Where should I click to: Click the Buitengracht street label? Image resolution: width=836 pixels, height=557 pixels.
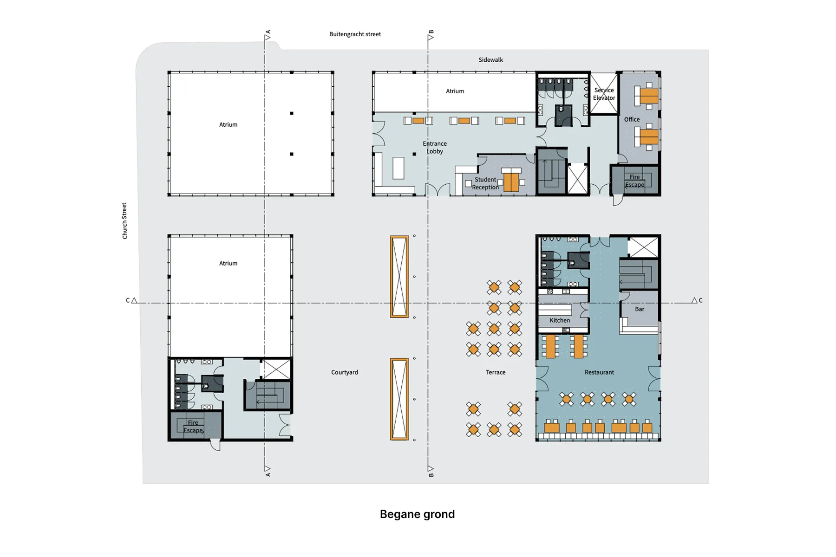click(x=355, y=34)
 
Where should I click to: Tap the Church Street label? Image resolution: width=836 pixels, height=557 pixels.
click(x=124, y=221)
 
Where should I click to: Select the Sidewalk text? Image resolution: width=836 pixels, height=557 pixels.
click(x=490, y=60)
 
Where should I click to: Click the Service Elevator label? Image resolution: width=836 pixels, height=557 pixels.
click(x=604, y=94)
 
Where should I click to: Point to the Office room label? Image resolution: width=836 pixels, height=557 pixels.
click(x=632, y=119)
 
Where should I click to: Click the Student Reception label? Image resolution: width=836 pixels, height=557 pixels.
click(x=485, y=183)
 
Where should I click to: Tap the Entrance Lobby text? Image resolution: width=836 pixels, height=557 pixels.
click(x=435, y=147)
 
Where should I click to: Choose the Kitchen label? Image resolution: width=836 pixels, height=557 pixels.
click(x=560, y=320)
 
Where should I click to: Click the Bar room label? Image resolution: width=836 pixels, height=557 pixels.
click(x=640, y=309)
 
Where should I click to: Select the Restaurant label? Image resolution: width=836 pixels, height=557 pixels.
click(x=599, y=372)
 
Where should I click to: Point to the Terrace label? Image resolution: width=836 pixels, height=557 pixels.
click(x=496, y=372)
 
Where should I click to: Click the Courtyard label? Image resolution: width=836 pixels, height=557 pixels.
click(x=345, y=372)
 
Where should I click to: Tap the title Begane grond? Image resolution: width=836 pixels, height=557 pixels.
click(x=417, y=514)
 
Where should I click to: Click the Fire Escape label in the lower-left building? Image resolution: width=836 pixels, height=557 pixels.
click(x=193, y=427)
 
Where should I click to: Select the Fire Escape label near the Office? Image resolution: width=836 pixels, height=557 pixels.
click(x=634, y=181)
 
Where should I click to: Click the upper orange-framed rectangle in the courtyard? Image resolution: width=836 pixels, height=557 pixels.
click(x=399, y=277)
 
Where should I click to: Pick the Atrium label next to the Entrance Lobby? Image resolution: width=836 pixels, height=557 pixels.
click(x=455, y=91)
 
